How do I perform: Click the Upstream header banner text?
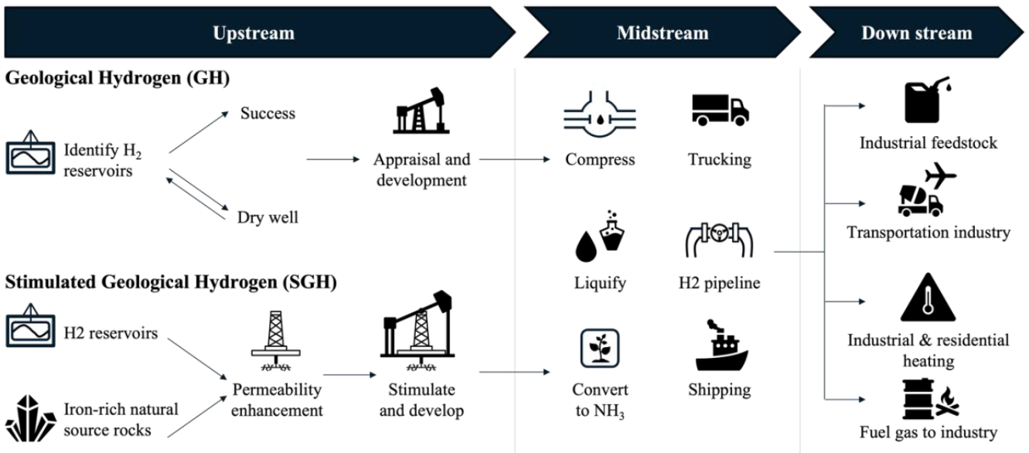click(254, 32)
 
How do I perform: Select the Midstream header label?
click(663, 32)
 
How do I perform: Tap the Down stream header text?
click(916, 32)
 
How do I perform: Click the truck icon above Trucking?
click(720, 111)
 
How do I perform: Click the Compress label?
click(600, 160)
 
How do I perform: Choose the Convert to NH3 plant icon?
click(600, 349)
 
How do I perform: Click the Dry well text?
click(267, 218)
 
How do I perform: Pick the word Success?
click(267, 114)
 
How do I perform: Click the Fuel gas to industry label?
click(928, 432)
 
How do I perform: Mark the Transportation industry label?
click(928, 232)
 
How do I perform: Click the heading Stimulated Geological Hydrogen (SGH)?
click(171, 283)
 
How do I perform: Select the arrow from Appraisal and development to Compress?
click(515, 160)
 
